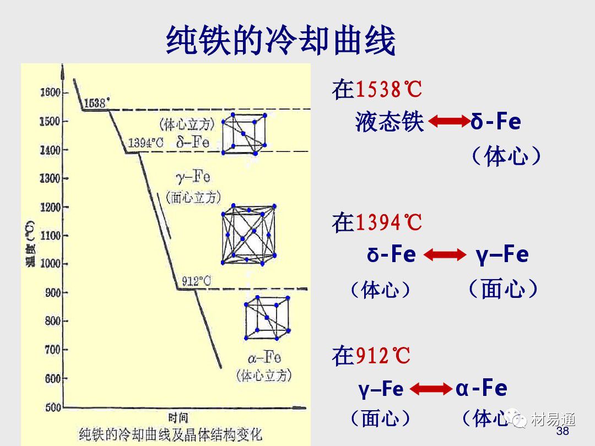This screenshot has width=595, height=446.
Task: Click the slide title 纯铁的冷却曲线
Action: click(x=281, y=40)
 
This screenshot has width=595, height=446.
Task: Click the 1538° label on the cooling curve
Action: click(x=97, y=102)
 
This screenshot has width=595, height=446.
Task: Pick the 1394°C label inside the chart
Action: click(x=145, y=143)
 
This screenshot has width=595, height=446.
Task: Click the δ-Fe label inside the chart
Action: click(x=193, y=142)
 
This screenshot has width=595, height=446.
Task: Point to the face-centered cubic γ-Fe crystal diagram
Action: click(x=248, y=233)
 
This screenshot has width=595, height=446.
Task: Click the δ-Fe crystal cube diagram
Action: click(x=244, y=133)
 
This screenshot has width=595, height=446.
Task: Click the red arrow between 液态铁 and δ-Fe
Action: click(x=447, y=122)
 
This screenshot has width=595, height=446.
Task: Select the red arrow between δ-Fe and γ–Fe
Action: click(x=445, y=255)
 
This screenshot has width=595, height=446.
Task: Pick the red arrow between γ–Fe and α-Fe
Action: click(x=430, y=389)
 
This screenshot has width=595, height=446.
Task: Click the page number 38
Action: click(x=562, y=431)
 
